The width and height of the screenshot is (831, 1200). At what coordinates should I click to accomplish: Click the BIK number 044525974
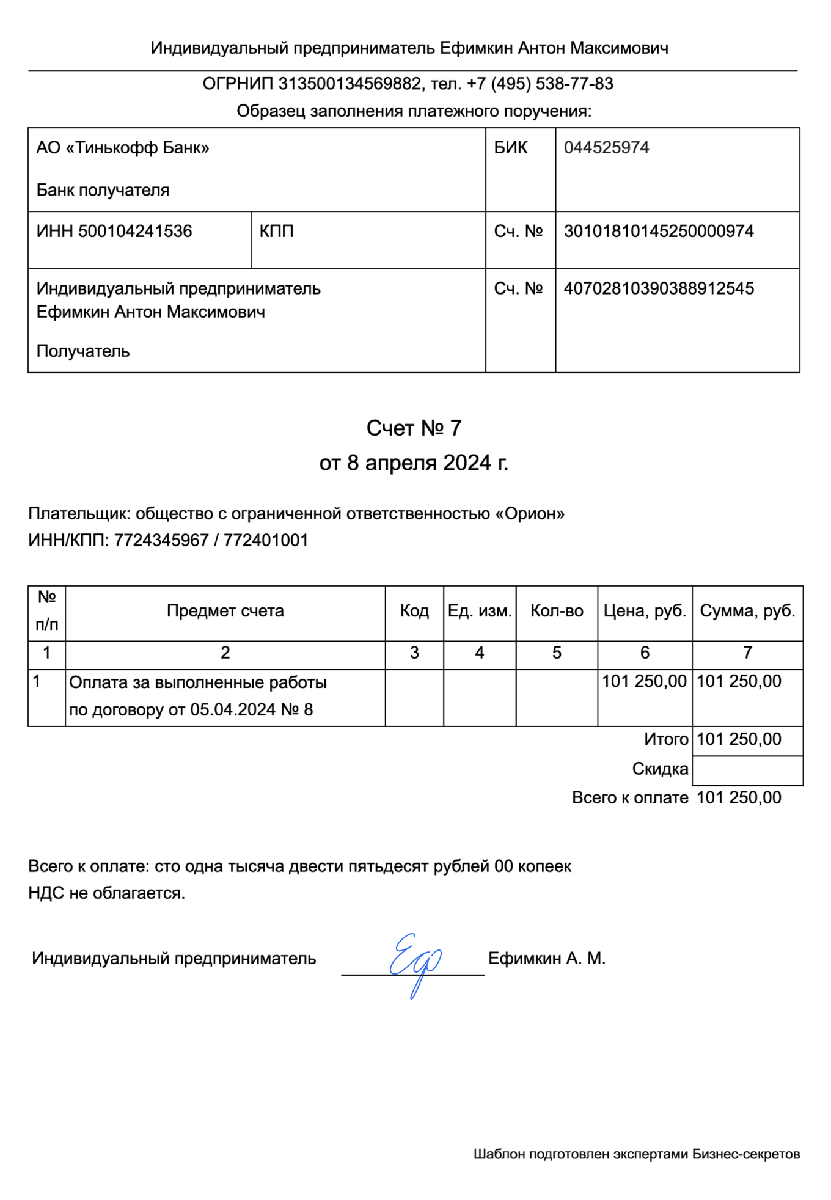click(x=606, y=148)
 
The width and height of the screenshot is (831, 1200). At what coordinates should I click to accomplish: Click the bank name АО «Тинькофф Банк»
click(x=122, y=148)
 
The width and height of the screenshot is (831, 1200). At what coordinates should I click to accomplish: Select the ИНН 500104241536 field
click(x=114, y=232)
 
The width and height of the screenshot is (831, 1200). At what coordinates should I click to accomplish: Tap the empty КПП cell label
click(x=276, y=232)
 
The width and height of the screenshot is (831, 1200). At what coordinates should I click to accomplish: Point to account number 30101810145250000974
click(x=658, y=232)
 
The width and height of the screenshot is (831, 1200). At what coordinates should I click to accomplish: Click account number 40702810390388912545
click(x=658, y=288)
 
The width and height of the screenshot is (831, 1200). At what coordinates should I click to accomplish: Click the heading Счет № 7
click(x=414, y=428)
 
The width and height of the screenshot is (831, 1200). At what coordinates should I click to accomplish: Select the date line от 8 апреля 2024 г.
click(x=414, y=463)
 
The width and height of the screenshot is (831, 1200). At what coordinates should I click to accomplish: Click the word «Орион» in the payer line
click(x=529, y=514)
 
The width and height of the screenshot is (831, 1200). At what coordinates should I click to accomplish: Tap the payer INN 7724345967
click(x=161, y=541)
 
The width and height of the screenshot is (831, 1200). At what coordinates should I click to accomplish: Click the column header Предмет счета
click(x=225, y=611)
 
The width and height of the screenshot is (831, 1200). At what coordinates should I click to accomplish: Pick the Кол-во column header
click(x=556, y=611)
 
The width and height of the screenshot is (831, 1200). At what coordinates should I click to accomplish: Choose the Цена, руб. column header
click(x=644, y=611)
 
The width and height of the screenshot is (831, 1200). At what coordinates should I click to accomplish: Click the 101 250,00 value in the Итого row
click(x=738, y=739)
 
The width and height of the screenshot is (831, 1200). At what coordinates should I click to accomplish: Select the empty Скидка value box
click(x=747, y=770)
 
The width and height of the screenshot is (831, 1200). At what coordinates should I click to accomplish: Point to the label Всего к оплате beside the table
click(x=629, y=798)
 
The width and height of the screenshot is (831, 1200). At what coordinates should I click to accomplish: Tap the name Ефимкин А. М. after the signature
click(x=546, y=959)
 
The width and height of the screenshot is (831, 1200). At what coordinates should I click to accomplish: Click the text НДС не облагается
click(x=106, y=893)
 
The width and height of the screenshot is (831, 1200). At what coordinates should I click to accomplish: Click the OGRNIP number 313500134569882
click(x=350, y=84)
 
